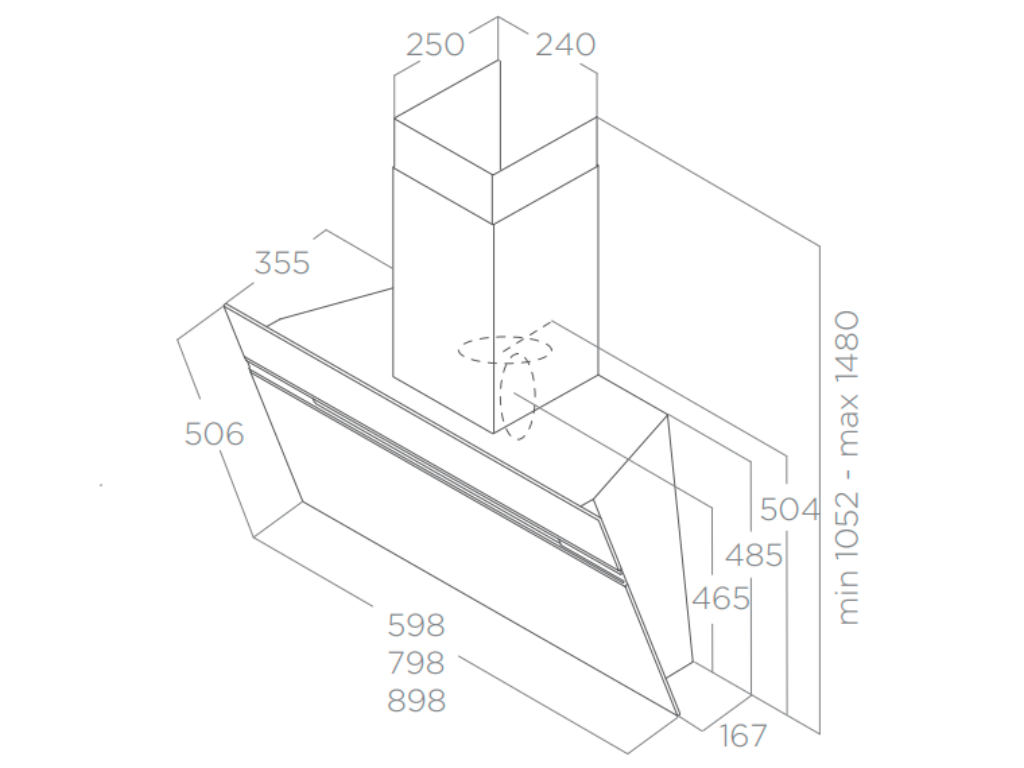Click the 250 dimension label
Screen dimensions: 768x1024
pos(436,45)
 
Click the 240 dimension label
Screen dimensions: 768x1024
pos(565,45)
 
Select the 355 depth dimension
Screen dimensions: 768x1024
pos(282,263)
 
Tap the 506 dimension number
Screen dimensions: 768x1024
pos(214,434)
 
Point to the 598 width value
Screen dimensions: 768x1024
pos(416,625)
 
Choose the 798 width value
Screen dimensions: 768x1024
pos(416,662)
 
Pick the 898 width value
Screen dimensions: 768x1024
pos(416,700)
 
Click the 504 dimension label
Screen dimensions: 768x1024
pos(790,509)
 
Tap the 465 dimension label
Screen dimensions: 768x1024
pos(720,598)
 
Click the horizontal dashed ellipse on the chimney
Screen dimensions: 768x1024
pos(505,349)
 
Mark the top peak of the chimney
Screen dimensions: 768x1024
pos(497,61)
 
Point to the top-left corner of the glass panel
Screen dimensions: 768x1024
pos(226,307)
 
